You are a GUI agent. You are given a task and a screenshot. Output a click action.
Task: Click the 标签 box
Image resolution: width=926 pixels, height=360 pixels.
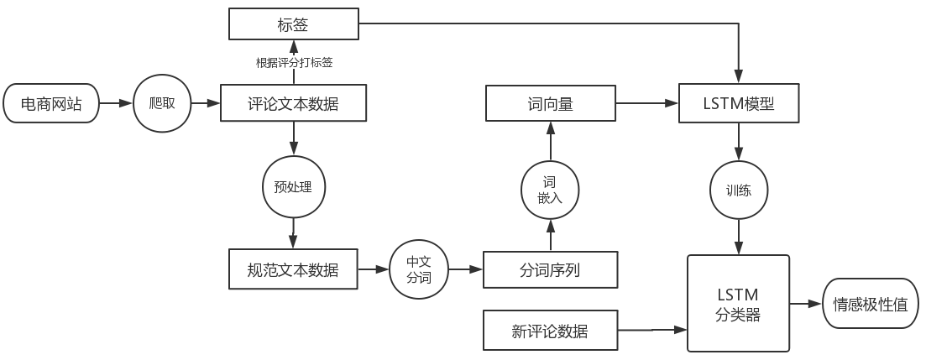tap(293, 23)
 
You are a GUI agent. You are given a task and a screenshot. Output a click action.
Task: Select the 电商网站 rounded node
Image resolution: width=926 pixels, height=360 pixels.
tap(50, 104)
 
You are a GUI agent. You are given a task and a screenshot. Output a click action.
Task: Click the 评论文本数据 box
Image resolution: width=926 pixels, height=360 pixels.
tap(293, 104)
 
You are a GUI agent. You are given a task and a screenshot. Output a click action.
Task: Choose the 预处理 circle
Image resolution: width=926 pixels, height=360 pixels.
tap(293, 186)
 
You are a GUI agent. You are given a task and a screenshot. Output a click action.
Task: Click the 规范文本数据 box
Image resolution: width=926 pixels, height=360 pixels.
tap(293, 269)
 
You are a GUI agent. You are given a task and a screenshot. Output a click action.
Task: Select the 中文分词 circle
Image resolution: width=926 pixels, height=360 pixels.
tap(418, 269)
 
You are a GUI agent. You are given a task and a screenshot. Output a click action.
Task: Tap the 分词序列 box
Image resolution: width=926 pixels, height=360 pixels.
tap(550, 269)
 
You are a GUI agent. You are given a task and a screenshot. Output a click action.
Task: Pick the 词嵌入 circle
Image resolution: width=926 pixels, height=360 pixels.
tap(550, 190)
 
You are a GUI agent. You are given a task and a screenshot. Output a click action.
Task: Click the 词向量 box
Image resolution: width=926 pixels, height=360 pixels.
tap(550, 104)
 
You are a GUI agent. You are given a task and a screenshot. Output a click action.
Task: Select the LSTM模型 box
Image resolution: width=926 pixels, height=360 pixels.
tap(738, 104)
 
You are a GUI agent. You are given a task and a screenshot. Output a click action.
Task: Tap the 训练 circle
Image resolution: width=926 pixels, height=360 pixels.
tap(738, 190)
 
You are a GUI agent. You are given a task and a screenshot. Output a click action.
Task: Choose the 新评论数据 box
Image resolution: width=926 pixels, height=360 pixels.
tap(550, 331)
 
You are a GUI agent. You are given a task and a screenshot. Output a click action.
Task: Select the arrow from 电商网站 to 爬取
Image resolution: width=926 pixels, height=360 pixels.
tap(116, 104)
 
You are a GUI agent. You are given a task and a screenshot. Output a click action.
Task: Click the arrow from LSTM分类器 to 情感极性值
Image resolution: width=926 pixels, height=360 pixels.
tap(805, 304)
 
